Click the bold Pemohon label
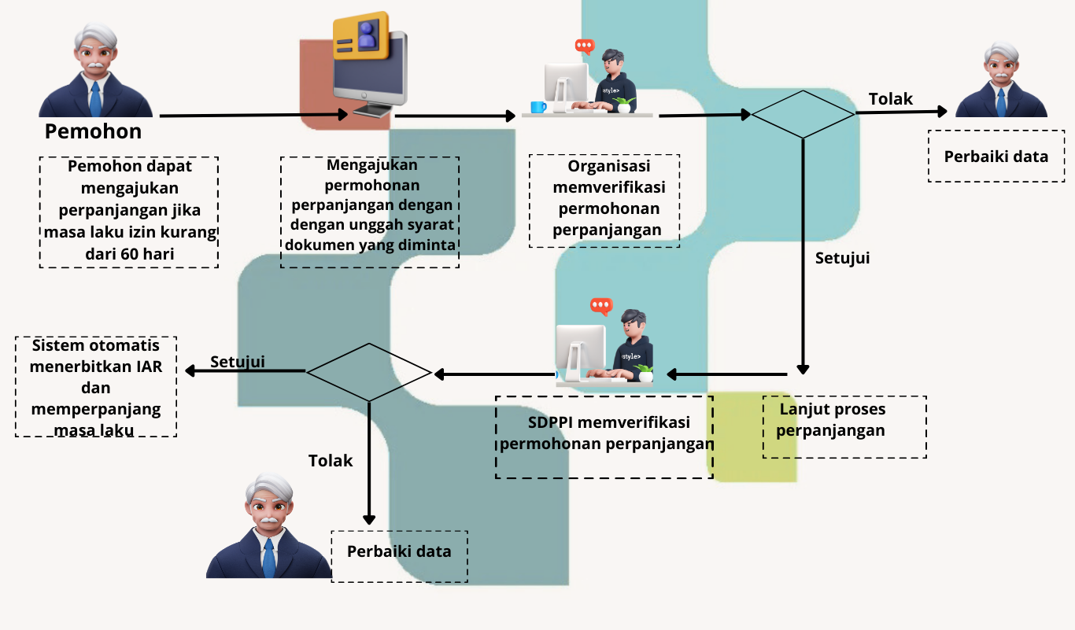pyautogui.click(x=93, y=131)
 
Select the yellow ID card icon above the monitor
pyautogui.click(x=361, y=36)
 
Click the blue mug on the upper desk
pyautogui.click(x=538, y=107)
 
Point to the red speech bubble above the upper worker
pyautogui.click(x=585, y=46)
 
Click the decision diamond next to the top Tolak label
pyautogui.click(x=802, y=114)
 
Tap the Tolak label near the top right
pyautogui.click(x=890, y=99)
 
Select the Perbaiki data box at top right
pyautogui.click(x=996, y=157)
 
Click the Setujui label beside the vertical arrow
pyautogui.click(x=842, y=258)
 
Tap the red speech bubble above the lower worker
pyautogui.click(x=601, y=306)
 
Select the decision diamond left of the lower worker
pyautogui.click(x=368, y=372)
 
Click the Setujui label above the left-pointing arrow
pyautogui.click(x=237, y=362)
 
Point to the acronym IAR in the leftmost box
pyautogui.click(x=146, y=367)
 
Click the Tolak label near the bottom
pyautogui.click(x=331, y=461)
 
